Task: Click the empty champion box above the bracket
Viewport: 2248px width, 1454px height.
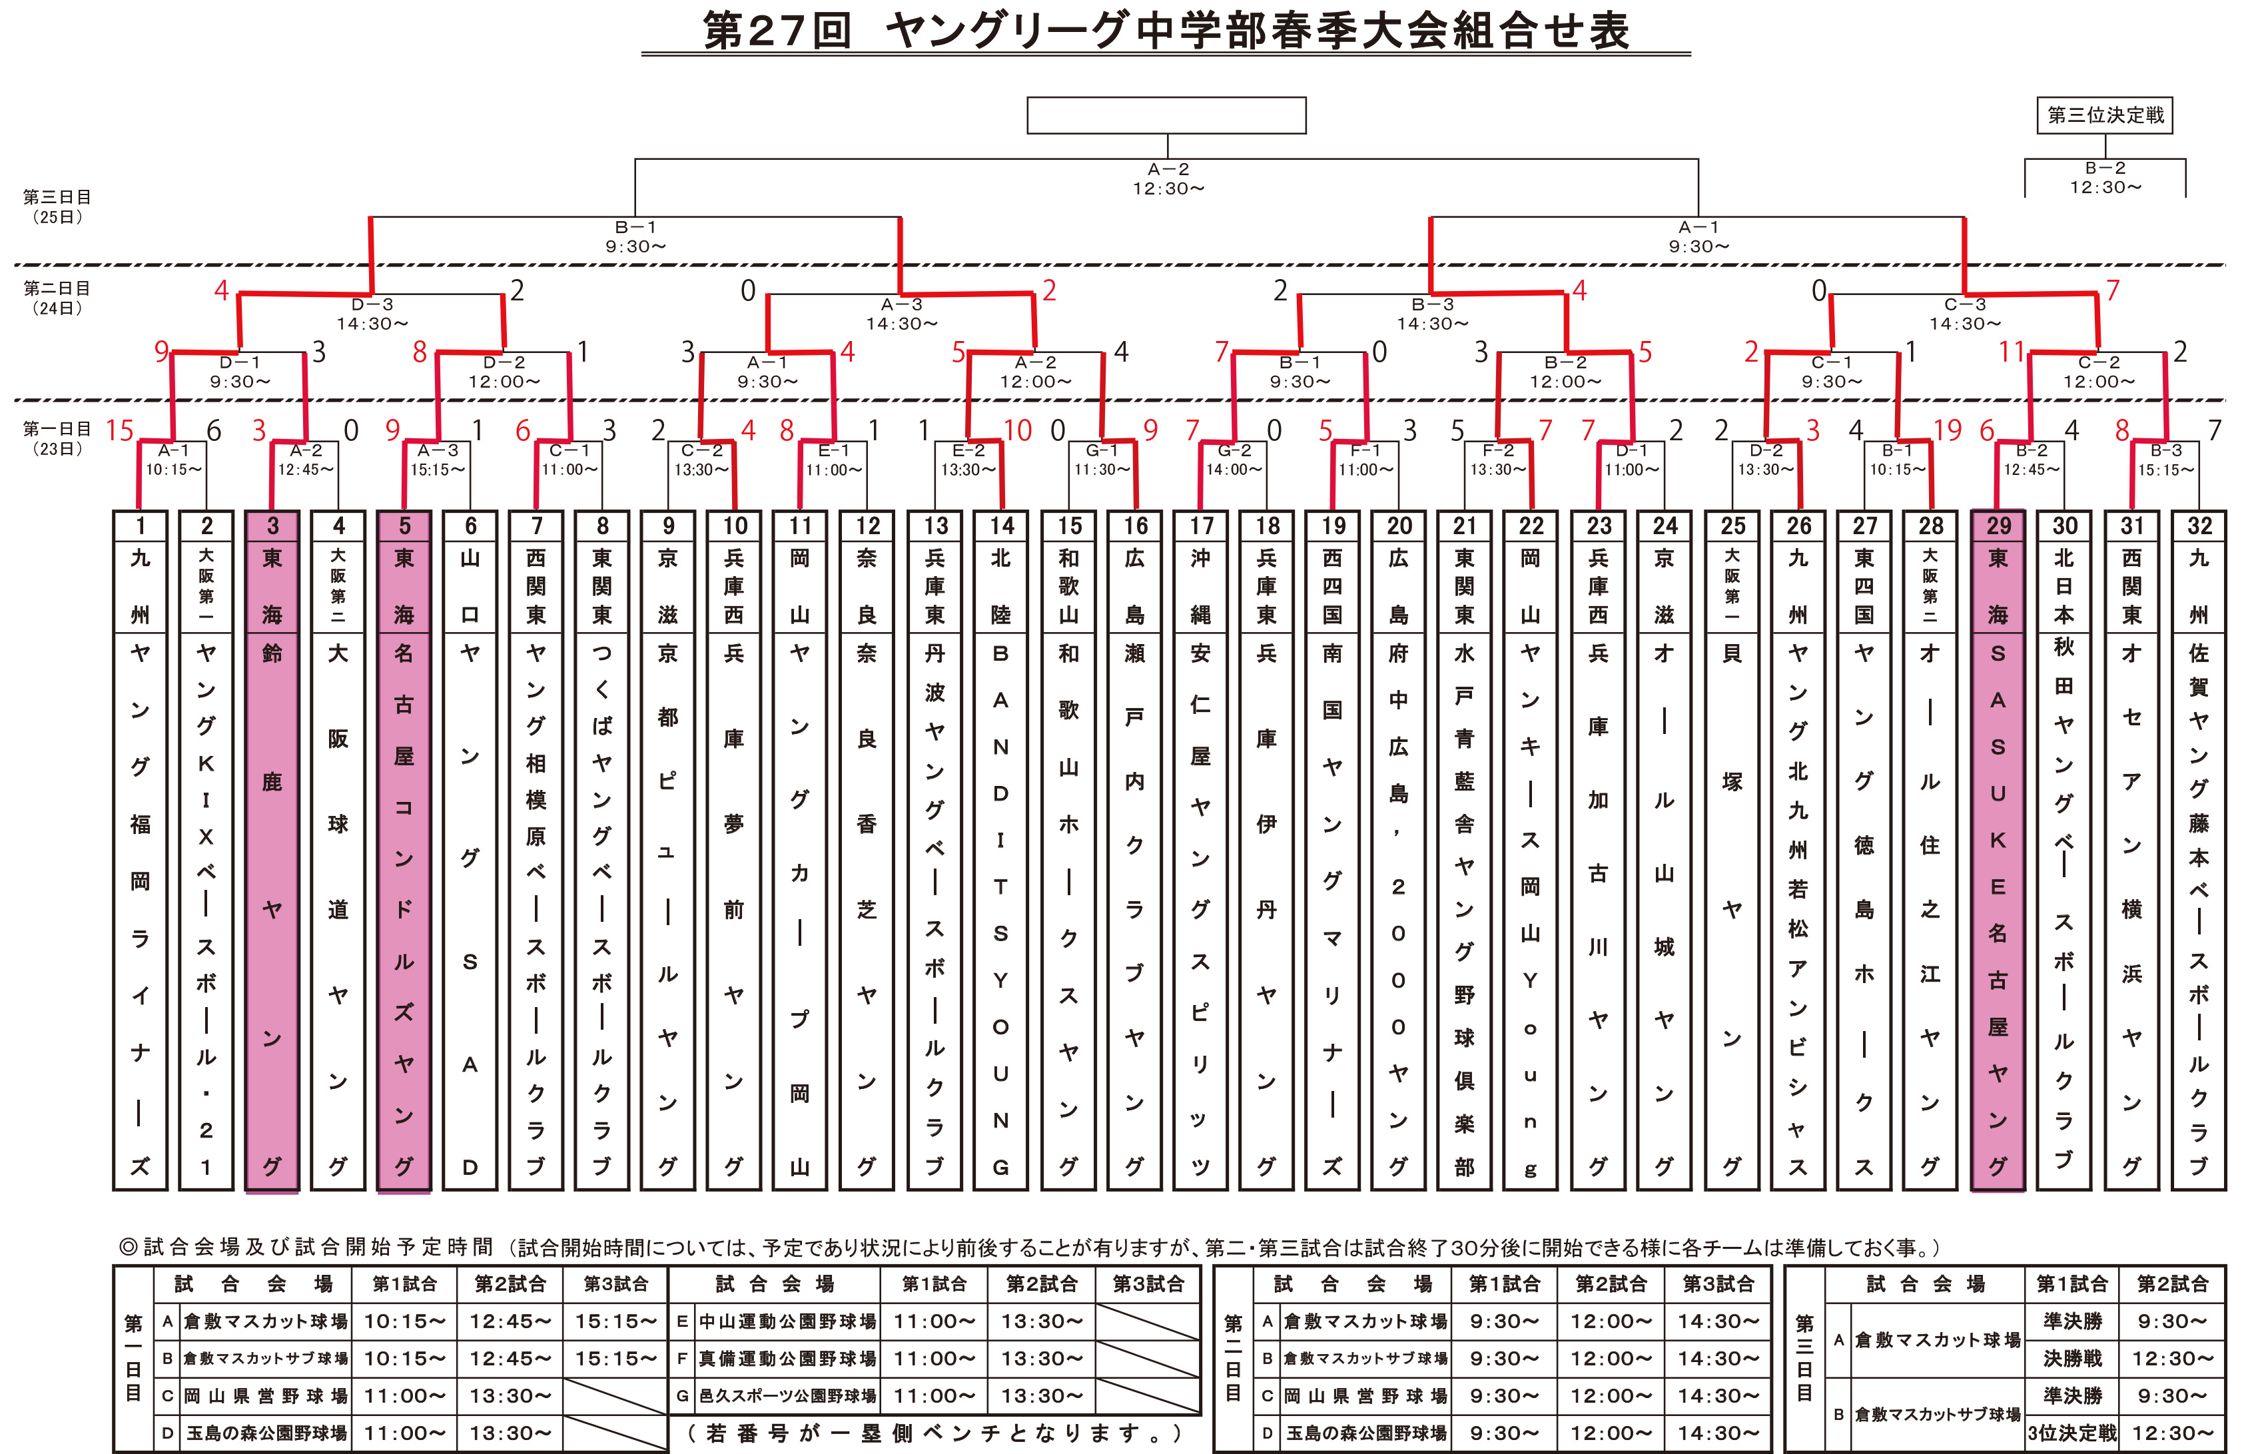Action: click(1166, 115)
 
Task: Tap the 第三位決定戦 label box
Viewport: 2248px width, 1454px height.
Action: click(2105, 115)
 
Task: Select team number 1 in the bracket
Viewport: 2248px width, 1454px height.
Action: click(140, 850)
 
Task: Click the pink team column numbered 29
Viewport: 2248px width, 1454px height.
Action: click(1997, 850)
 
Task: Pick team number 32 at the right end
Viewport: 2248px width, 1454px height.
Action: click(2199, 850)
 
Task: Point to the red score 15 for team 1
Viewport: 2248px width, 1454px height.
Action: click(120, 430)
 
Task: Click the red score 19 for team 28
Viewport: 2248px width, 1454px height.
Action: click(1947, 430)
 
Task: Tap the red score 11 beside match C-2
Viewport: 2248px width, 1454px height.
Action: click(2012, 352)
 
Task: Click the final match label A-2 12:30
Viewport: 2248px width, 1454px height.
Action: click(1168, 179)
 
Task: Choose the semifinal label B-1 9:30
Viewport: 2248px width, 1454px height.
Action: click(635, 236)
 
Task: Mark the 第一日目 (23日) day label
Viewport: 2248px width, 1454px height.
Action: click(57, 438)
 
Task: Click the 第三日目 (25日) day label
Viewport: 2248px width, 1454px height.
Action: click(57, 206)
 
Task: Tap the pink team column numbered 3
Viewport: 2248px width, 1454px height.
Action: click(272, 850)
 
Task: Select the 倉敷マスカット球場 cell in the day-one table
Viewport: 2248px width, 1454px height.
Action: click(265, 1321)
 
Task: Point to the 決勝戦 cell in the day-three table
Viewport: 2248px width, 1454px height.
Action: click(2071, 1359)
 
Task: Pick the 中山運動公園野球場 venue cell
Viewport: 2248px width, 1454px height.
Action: click(787, 1321)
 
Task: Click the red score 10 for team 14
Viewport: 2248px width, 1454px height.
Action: click(1017, 430)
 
